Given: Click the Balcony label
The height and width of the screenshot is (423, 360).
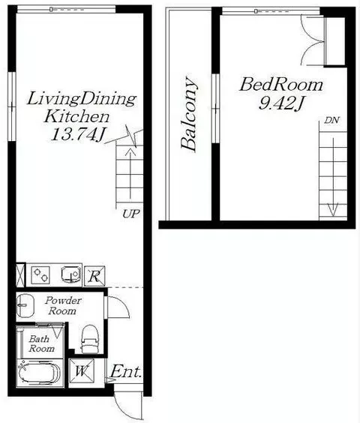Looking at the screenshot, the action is click(x=189, y=114).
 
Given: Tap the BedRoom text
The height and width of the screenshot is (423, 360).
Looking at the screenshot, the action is click(x=281, y=85).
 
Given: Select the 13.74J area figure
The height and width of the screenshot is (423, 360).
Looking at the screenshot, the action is click(x=77, y=134).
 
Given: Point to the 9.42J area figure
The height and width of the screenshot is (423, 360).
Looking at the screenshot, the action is click(x=281, y=103).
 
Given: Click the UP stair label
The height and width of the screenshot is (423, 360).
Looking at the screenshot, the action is click(x=131, y=214).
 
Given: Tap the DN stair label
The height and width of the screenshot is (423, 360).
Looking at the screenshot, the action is click(x=331, y=120).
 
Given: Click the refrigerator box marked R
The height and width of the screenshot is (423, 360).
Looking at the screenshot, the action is click(x=94, y=276).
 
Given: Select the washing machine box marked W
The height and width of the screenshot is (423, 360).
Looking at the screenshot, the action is click(x=82, y=371).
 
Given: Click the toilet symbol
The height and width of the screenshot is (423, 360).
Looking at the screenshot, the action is click(x=90, y=339).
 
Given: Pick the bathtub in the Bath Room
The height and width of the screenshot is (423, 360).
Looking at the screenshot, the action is click(x=40, y=373).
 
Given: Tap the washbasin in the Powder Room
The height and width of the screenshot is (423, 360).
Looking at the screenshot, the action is click(x=25, y=305).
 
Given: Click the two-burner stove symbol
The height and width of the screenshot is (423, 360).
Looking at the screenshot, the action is click(x=40, y=275).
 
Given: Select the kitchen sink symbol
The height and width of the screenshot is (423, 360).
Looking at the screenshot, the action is click(x=71, y=274).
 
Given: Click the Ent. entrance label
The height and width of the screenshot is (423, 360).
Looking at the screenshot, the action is click(x=126, y=371).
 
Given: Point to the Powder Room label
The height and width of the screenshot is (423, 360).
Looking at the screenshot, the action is click(x=63, y=306).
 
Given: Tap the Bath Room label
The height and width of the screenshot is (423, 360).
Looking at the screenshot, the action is click(x=41, y=343).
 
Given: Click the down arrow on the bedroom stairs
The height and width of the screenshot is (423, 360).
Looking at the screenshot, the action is click(x=333, y=177).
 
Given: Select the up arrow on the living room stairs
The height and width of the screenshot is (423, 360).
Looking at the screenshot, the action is click(x=130, y=174).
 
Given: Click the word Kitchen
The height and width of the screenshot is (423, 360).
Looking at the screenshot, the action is click(x=77, y=117).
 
